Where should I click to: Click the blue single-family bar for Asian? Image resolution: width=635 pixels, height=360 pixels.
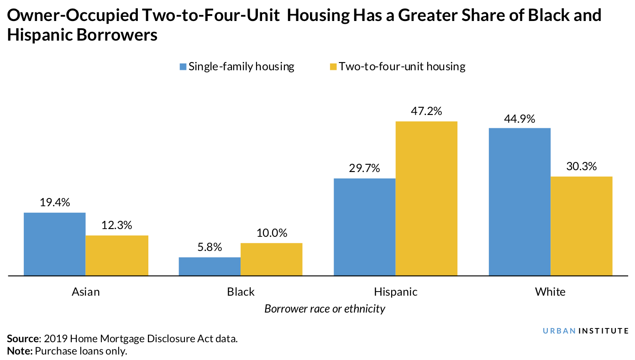[54, 244]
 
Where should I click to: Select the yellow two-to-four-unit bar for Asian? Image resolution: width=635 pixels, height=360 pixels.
[117, 256]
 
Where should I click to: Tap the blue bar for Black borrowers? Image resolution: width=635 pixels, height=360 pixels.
[209, 266]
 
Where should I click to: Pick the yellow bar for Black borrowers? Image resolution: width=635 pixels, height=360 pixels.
[271, 259]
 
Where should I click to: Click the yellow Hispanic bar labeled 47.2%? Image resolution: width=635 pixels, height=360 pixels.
[426, 198]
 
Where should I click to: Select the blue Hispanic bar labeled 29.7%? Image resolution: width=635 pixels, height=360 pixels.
[364, 227]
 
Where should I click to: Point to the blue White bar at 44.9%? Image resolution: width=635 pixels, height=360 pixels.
[520, 202]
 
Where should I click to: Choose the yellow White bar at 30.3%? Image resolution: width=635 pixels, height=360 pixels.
[581, 226]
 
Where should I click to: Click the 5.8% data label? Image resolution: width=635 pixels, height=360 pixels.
[210, 248]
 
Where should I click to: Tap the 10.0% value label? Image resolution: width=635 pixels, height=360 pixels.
[271, 233]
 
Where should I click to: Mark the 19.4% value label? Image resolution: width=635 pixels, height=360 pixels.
[54, 203]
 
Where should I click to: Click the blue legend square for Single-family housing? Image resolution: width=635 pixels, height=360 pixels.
[183, 67]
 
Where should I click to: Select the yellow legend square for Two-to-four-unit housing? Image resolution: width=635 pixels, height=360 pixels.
[333, 67]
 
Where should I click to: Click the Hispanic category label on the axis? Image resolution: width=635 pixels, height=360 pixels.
[395, 292]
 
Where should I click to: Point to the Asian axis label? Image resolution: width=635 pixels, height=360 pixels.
[85, 292]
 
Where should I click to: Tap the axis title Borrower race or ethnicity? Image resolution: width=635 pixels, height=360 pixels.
[325, 309]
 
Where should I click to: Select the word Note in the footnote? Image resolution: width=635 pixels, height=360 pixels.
[20, 351]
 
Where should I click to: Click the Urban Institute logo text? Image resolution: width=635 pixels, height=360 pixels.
[585, 330]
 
